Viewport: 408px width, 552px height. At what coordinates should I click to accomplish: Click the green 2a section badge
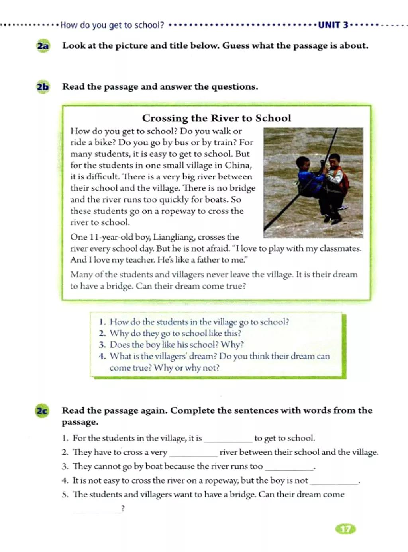coord(43,46)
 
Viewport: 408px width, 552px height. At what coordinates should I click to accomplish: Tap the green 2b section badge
coord(43,87)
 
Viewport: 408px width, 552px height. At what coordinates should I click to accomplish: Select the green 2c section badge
coord(42,410)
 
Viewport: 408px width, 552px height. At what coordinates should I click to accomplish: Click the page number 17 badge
coord(346,529)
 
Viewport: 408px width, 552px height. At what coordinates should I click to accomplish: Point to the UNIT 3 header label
coord(333,25)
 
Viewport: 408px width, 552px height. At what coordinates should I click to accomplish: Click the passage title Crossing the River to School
coord(216,118)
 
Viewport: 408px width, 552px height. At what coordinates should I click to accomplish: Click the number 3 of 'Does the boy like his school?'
coord(102,345)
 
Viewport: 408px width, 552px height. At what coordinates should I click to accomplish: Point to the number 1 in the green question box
coord(102,322)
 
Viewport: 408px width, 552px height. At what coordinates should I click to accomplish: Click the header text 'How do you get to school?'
coord(112,25)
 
